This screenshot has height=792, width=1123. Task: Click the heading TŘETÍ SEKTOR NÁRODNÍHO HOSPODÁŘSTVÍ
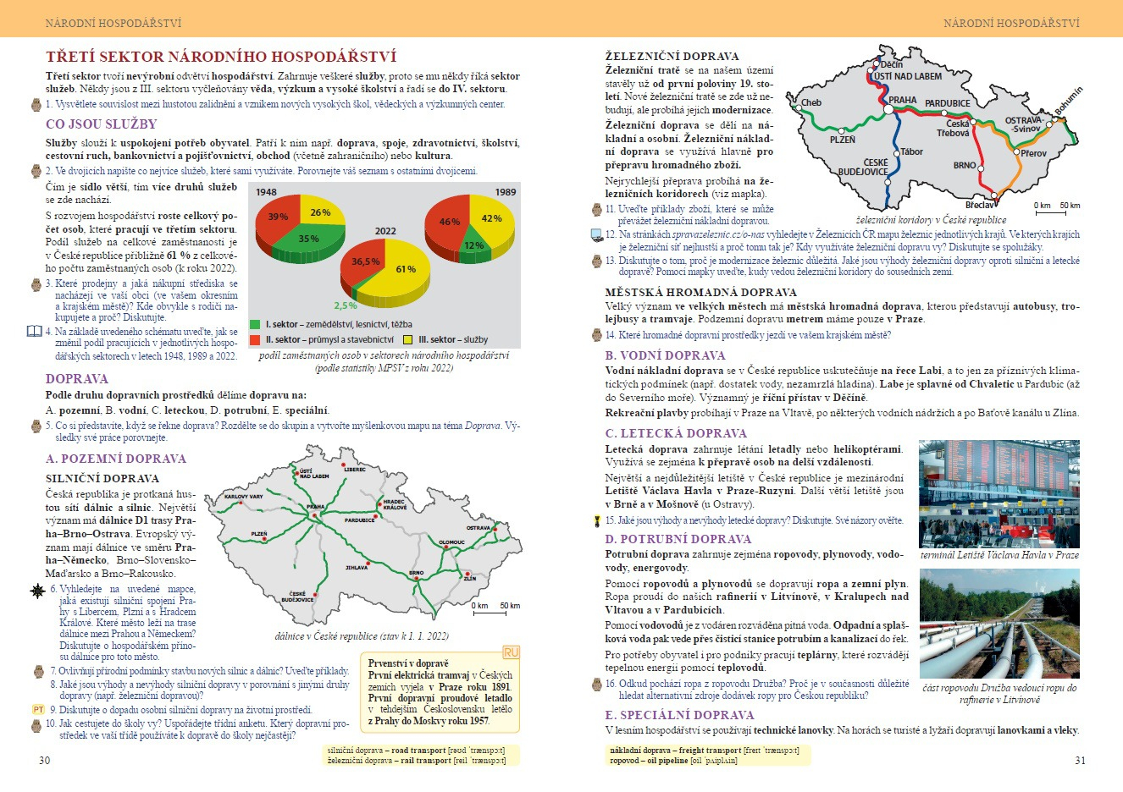click(x=221, y=58)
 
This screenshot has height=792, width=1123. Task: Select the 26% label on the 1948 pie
click(x=320, y=212)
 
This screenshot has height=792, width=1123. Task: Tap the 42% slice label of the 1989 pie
click(x=491, y=218)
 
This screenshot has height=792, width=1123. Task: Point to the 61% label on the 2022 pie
click(x=406, y=269)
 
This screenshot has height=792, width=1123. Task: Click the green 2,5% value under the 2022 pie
click(x=346, y=306)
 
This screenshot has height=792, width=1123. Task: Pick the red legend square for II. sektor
click(x=255, y=339)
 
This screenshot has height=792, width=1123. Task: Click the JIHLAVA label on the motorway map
click(x=357, y=568)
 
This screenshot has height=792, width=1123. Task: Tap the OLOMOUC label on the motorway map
click(x=451, y=542)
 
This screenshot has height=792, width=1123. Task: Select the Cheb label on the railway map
click(x=811, y=103)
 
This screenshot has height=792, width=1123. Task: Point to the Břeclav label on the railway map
click(x=981, y=205)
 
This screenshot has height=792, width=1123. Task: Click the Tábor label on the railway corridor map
click(x=911, y=152)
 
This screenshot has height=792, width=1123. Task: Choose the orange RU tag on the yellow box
click(x=511, y=652)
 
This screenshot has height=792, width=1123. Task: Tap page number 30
click(x=45, y=760)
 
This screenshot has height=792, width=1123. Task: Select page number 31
click(x=1080, y=760)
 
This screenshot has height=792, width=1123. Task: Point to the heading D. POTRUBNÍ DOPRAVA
click(x=678, y=539)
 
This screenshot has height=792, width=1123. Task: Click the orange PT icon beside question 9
click(x=38, y=710)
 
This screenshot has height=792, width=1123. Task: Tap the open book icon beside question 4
click(x=34, y=332)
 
